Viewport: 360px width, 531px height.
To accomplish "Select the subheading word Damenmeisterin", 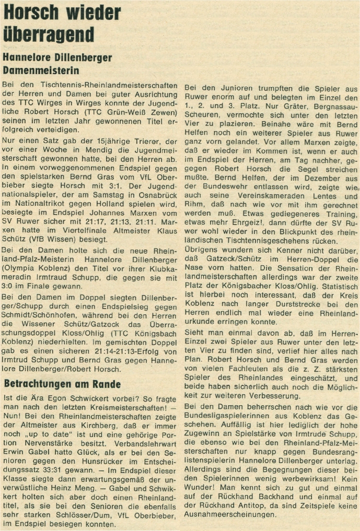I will pos(41,69).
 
